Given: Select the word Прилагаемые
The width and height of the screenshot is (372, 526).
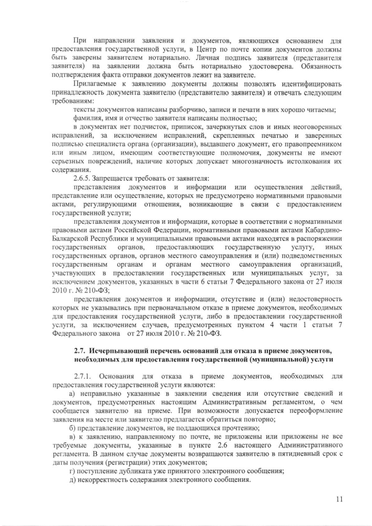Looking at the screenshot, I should [96, 83].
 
